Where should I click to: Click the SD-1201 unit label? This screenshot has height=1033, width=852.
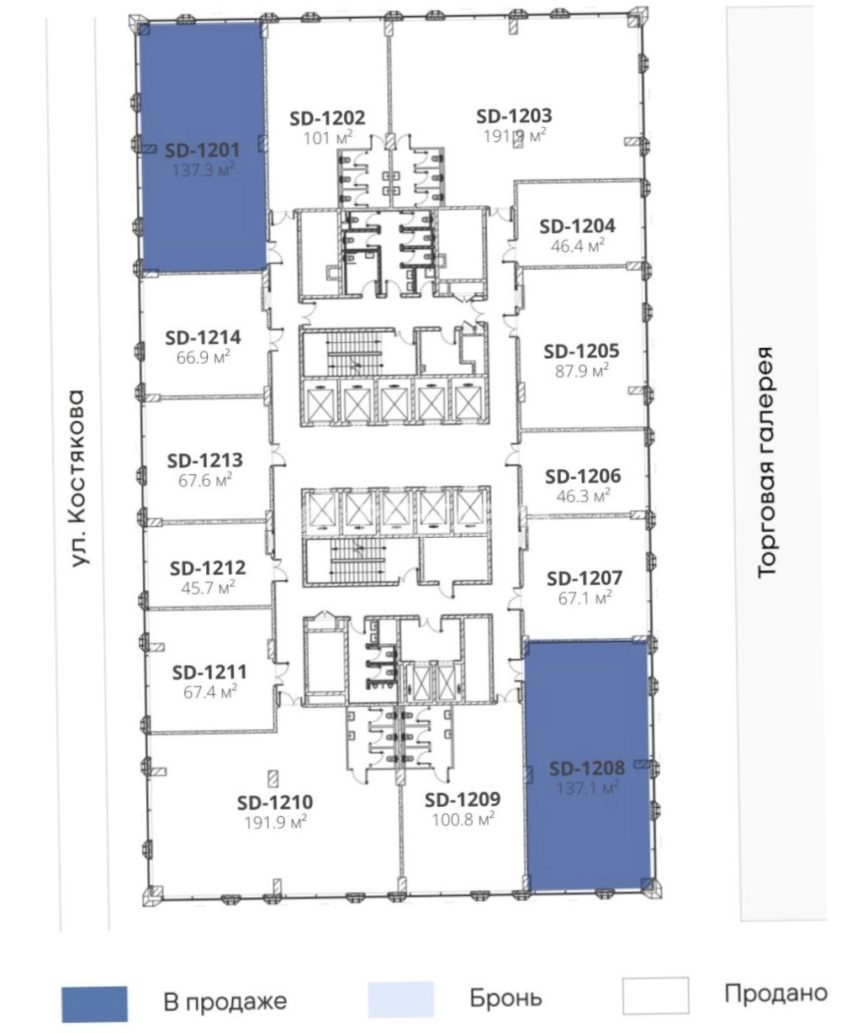[x=202, y=150]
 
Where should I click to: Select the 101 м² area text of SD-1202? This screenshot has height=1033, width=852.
[x=328, y=137]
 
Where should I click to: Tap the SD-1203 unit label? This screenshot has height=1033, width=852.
[x=514, y=116]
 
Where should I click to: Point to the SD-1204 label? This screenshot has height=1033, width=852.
[x=577, y=226]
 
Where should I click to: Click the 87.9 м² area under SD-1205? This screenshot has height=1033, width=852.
[x=582, y=371]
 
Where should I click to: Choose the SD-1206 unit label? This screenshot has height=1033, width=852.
[x=583, y=477]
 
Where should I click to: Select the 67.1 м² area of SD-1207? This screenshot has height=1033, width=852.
[x=585, y=598]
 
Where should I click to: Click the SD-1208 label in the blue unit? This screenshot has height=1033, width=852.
[x=587, y=768]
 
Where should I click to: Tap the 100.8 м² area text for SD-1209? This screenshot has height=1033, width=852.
[x=463, y=820]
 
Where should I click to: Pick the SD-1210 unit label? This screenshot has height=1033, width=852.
[x=275, y=802]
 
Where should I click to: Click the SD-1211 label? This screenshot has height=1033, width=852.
[x=209, y=672]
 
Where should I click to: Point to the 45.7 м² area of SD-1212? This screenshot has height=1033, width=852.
[x=208, y=587]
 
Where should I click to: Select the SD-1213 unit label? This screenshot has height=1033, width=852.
[x=205, y=461]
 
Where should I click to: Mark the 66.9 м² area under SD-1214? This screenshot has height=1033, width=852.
[x=203, y=356]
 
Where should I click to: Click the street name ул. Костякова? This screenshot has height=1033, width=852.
[x=77, y=478]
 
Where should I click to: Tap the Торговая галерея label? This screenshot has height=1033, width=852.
[x=765, y=462]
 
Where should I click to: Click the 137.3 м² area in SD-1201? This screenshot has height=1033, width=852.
[x=203, y=170]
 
